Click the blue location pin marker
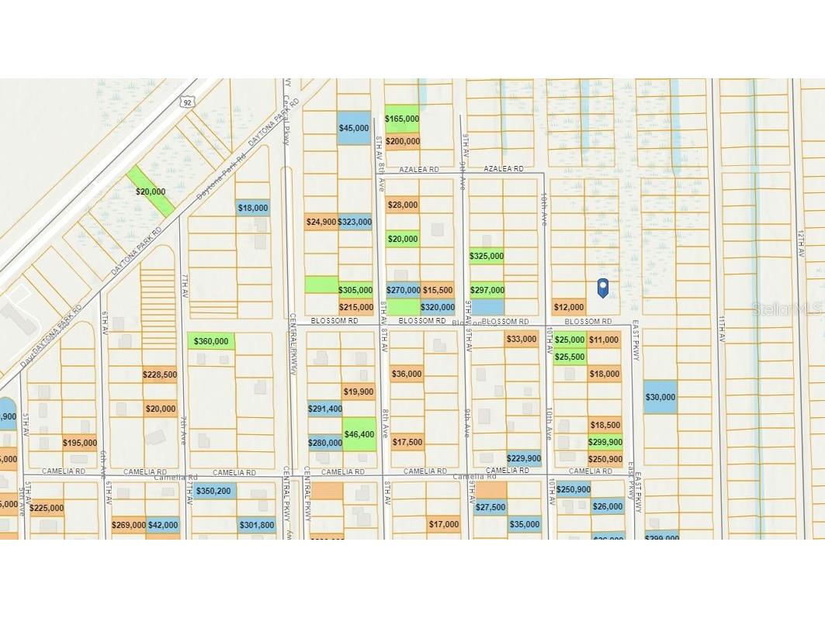point(602,288)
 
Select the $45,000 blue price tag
point(354,128)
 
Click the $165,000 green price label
point(402,119)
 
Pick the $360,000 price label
point(211,341)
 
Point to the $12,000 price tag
point(569,307)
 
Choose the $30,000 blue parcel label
point(660,397)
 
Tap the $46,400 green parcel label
point(359,434)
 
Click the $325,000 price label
point(487,256)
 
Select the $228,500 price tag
point(160,375)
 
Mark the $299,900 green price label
point(605,442)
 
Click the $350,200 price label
point(214,491)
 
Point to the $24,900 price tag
point(321,222)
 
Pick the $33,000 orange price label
point(522,339)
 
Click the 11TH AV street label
point(721,326)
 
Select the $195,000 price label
point(79,443)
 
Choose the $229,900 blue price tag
point(524,458)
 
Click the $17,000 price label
point(444,524)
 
